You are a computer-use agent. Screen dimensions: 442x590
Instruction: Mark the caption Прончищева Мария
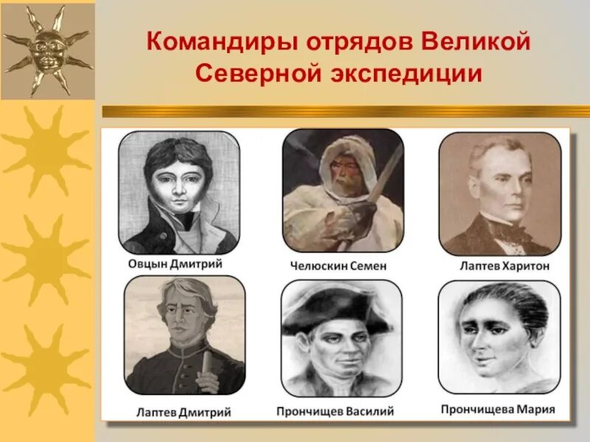[x=498, y=409]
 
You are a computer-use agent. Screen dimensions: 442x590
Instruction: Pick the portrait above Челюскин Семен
[x=342, y=190]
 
